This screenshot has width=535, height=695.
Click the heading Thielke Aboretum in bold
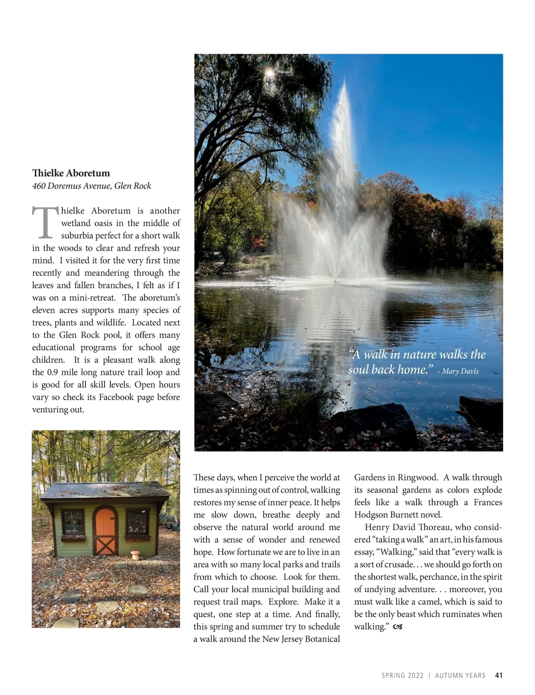[x=71, y=173]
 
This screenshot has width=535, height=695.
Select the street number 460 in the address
[x=39, y=186]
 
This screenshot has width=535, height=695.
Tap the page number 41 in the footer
[x=499, y=675]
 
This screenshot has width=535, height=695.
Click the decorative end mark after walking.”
[x=398, y=627]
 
